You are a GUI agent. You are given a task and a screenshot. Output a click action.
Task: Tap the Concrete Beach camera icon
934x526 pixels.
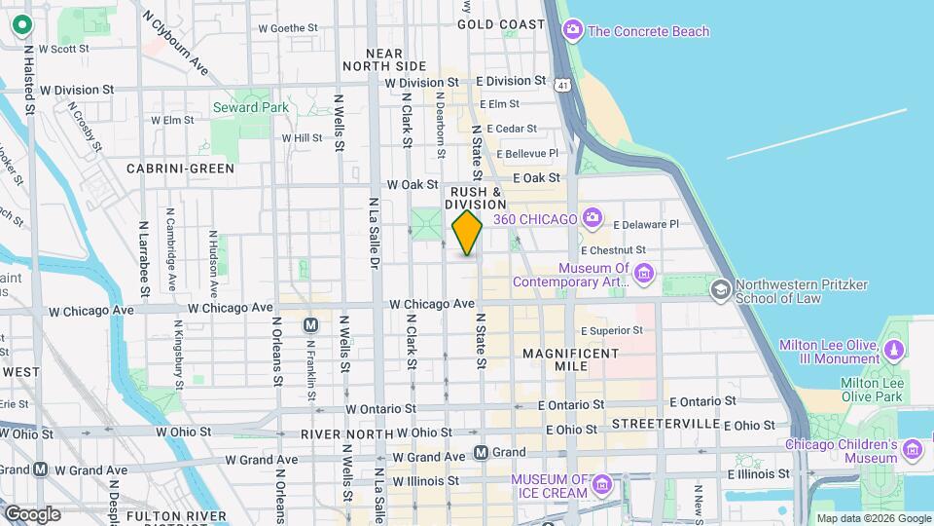click(573, 31)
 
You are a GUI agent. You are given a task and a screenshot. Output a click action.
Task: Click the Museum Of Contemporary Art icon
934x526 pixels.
click(643, 275)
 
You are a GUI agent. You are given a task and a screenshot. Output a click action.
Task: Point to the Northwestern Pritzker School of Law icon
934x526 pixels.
click(720, 288)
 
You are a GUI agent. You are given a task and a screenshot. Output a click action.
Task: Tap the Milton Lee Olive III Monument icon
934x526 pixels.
click(893, 348)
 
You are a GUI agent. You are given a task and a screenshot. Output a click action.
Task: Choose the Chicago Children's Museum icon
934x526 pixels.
click(913, 449)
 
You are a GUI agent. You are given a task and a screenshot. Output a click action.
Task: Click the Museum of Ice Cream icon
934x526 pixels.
click(601, 484)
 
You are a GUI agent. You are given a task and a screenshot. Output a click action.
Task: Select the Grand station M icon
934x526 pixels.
click(481, 452)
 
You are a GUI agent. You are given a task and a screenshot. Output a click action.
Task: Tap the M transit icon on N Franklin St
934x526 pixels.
click(311, 324)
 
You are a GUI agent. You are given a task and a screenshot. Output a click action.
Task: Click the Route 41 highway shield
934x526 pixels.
click(564, 87)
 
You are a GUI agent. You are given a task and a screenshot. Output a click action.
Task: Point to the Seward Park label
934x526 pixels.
click(251, 107)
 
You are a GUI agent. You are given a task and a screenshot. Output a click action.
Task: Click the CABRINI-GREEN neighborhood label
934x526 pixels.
click(181, 169)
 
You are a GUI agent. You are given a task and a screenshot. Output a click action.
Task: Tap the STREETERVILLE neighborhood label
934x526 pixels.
click(663, 425)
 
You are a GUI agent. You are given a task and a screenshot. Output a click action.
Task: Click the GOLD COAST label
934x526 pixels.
click(501, 23)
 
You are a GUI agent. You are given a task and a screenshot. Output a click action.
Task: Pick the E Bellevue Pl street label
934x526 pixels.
click(528, 154)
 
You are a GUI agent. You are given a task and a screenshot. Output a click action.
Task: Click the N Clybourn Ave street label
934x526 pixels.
click(175, 43)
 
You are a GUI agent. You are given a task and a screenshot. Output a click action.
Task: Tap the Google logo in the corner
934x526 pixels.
click(32, 513)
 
